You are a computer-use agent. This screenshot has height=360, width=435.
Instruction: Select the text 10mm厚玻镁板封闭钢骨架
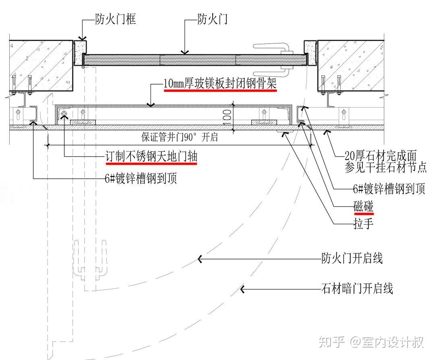[x=220, y=84]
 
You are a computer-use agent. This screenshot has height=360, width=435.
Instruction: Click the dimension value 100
[x=226, y=116]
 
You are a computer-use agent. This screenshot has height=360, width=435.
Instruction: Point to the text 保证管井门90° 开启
[x=179, y=137]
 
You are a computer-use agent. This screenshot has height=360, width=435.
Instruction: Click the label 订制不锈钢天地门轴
[x=151, y=157]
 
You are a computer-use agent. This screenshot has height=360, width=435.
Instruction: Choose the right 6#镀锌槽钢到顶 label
[x=389, y=189]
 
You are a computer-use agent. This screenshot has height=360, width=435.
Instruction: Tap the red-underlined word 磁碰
[x=363, y=207]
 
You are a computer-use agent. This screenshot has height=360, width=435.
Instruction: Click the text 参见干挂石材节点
[x=385, y=168]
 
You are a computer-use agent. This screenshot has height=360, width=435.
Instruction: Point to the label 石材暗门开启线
[x=356, y=288]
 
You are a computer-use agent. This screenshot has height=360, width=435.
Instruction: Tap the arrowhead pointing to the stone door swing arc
[x=242, y=289]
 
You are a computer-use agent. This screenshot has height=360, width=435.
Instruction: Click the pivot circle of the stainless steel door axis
[x=64, y=116]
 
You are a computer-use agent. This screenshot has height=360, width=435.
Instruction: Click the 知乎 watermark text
[x=332, y=342]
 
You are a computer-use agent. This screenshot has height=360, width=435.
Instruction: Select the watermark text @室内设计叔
[x=387, y=342]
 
